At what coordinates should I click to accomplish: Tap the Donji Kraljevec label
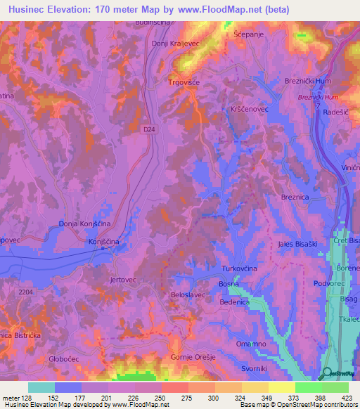tap(176, 43)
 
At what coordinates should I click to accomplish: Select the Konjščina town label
tap(106, 242)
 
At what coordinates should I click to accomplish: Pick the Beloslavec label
tap(188, 295)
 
